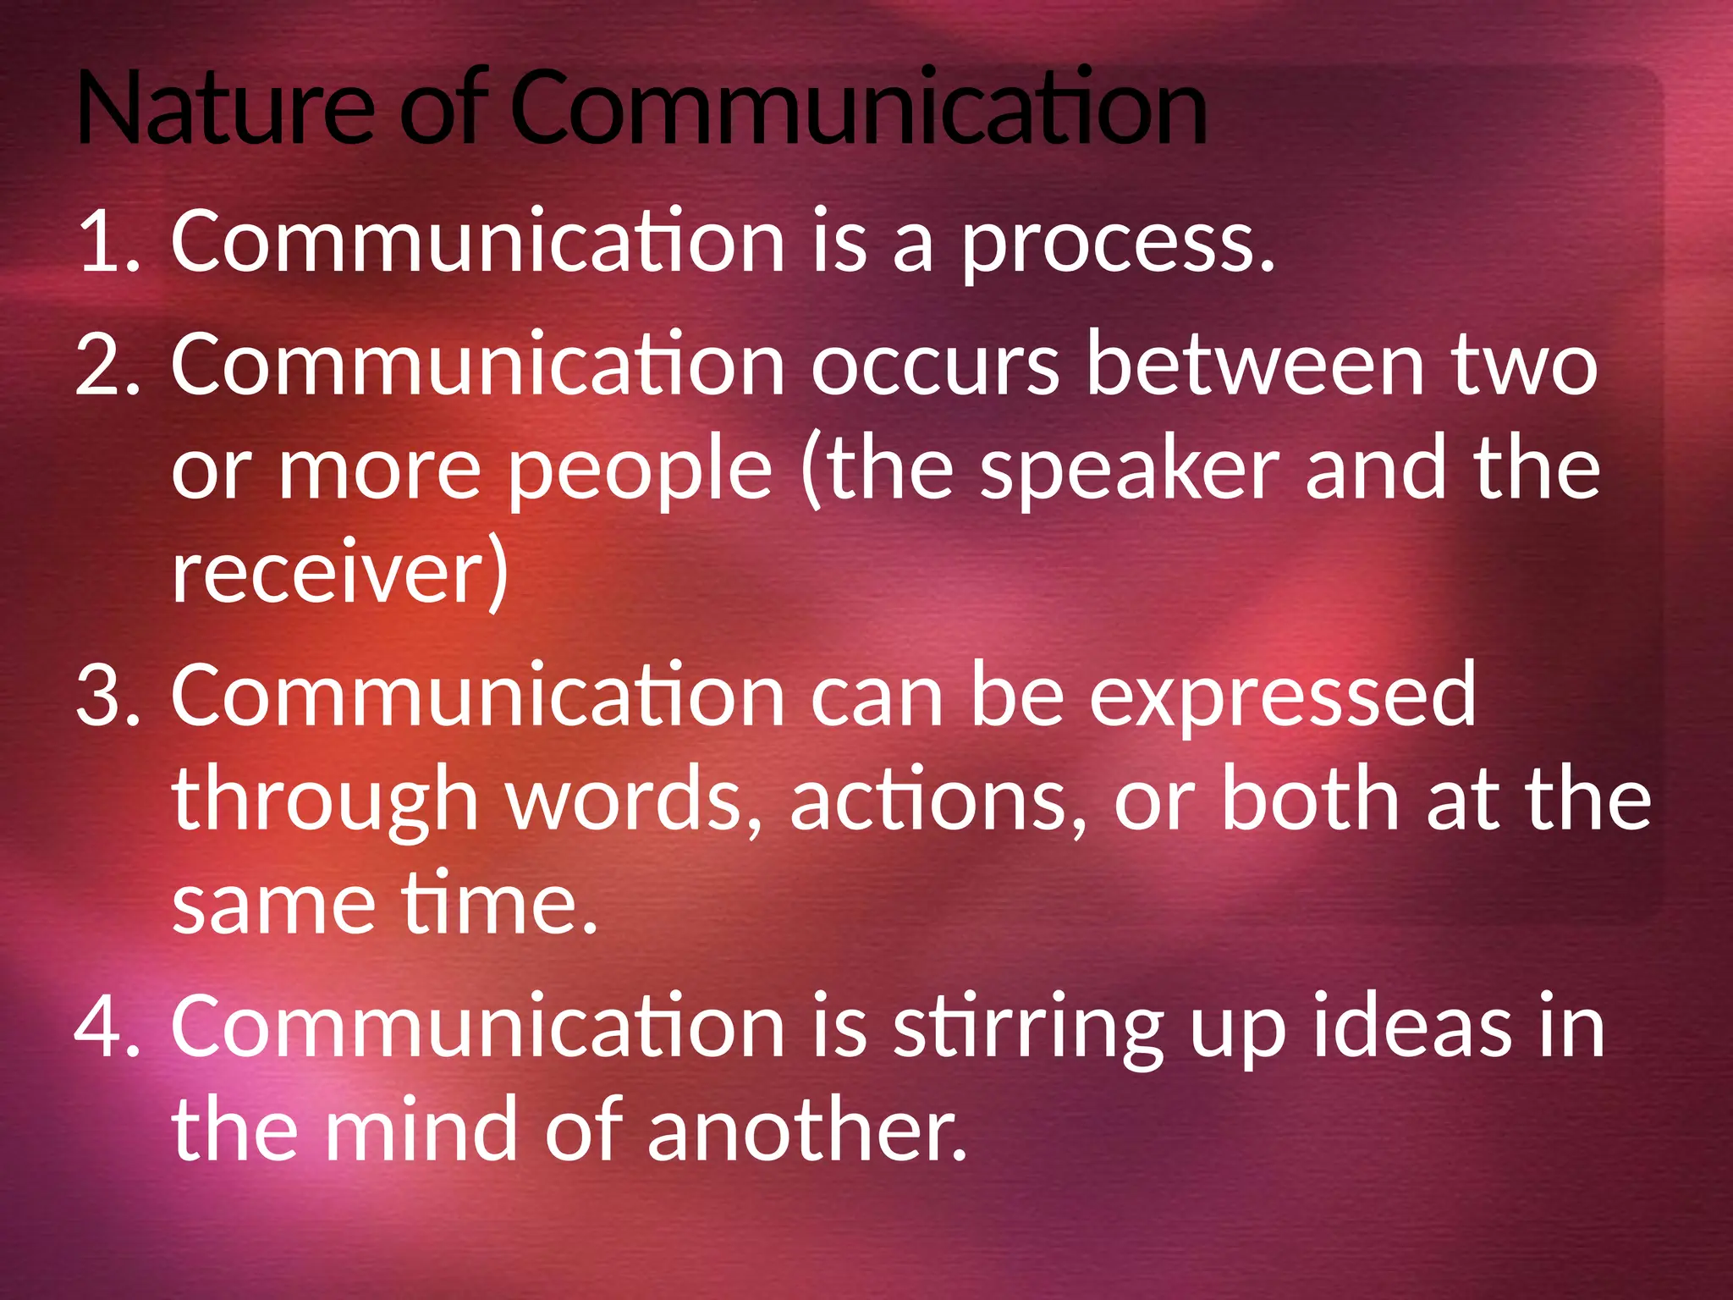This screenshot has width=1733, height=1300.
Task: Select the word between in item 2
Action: [1256, 364]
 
